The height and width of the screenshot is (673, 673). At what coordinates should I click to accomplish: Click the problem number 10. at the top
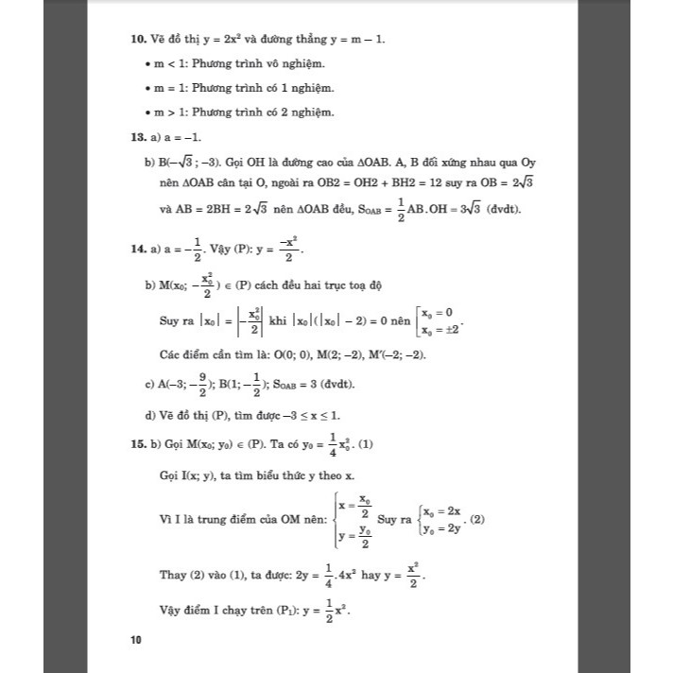coord(138,41)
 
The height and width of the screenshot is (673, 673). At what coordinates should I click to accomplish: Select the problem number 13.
coord(138,138)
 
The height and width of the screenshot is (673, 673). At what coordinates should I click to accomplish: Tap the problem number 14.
coord(138,250)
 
